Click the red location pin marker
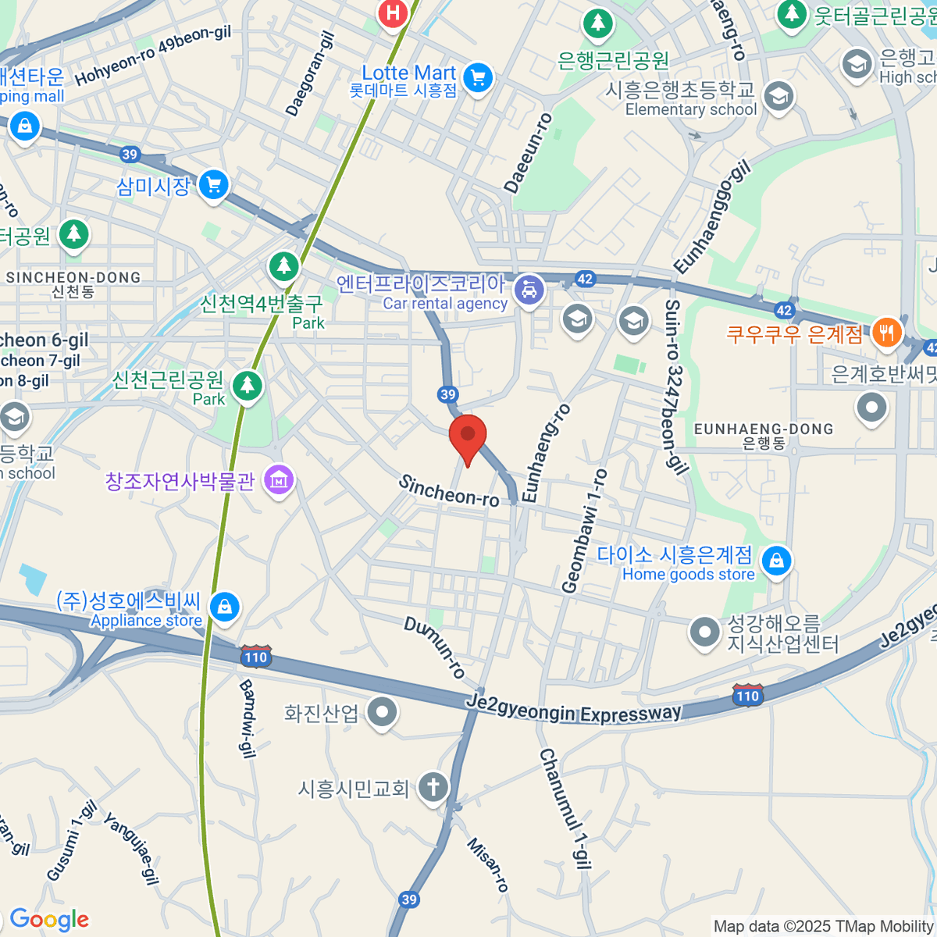point(468,435)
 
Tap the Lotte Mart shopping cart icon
point(478,77)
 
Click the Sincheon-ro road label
point(449,491)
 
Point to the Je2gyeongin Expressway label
point(574,711)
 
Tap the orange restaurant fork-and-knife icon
point(885,332)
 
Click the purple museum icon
point(279,480)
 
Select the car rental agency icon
point(530,290)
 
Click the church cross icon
point(433,786)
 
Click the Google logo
point(49,920)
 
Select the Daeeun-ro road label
point(529,153)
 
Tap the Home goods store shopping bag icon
point(776,561)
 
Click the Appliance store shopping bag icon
point(225,607)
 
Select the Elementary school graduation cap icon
point(778,97)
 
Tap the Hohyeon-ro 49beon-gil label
point(153,55)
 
